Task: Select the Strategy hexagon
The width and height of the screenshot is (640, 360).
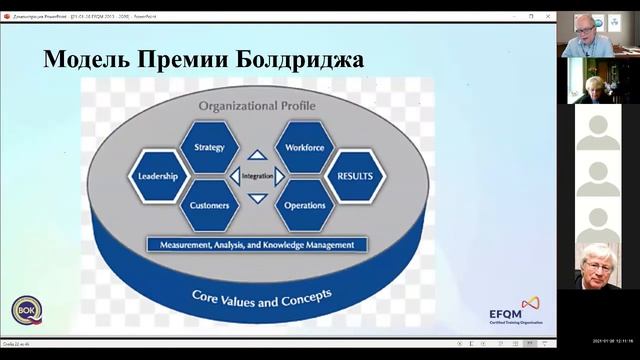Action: tap(210, 147)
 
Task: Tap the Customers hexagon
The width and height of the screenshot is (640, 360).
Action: tap(210, 206)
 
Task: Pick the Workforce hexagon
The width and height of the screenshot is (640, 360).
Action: tap(304, 147)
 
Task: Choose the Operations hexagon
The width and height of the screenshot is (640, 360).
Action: tap(304, 206)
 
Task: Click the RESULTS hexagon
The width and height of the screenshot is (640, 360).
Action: tap(355, 177)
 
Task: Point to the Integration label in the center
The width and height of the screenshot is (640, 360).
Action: tap(257, 177)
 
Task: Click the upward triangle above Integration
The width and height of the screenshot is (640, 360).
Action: tap(257, 155)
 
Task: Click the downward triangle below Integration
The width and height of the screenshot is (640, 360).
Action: tap(257, 198)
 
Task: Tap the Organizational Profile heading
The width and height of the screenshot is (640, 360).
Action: tap(257, 104)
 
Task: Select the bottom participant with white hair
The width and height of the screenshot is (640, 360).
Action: tap(598, 264)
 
